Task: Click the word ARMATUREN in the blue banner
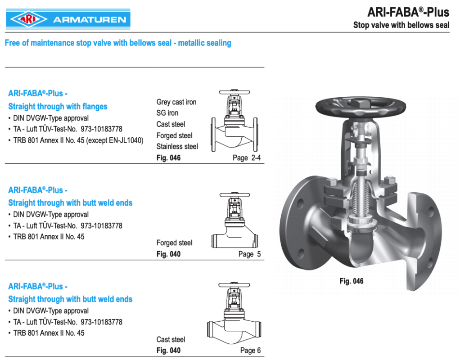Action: pyautogui.click(x=89, y=20)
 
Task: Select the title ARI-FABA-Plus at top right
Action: pyautogui.click(x=408, y=12)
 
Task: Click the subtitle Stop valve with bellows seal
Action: pyautogui.click(x=401, y=25)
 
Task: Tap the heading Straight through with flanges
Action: pyautogui.click(x=58, y=107)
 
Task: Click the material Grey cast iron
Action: pyautogui.click(x=176, y=102)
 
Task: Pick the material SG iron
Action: pyautogui.click(x=167, y=113)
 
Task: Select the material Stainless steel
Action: pyautogui.click(x=177, y=146)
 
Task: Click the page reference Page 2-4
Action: pyautogui.click(x=247, y=157)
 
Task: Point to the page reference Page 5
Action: pyautogui.click(x=249, y=254)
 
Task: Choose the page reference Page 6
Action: pyautogui.click(x=250, y=351)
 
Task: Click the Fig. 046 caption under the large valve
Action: pyautogui.click(x=351, y=281)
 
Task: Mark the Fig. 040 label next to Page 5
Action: pyautogui.click(x=168, y=254)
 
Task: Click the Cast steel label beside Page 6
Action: pyautogui.click(x=171, y=340)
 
